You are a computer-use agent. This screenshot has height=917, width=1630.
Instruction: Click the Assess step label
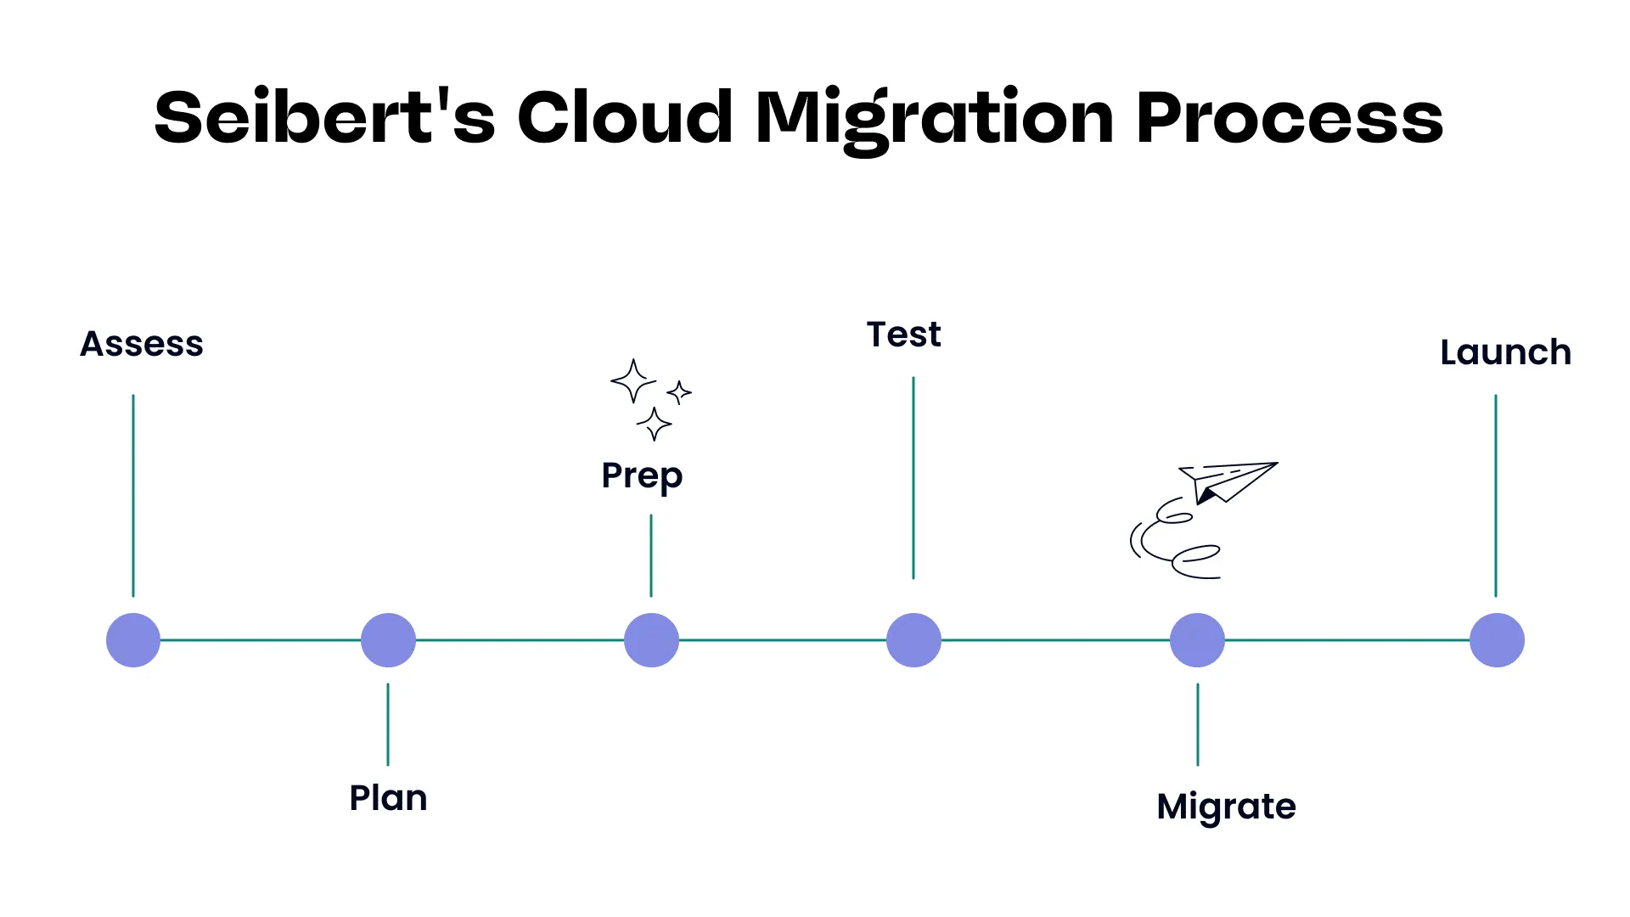(x=142, y=344)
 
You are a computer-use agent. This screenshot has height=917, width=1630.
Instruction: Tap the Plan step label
(x=388, y=798)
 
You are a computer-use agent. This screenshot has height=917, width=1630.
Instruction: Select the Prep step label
(x=642, y=475)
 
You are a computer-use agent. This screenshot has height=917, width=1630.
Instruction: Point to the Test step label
(x=903, y=335)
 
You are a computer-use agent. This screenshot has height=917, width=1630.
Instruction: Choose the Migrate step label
(x=1226, y=807)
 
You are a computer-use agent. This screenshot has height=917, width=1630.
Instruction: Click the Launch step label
(x=1505, y=352)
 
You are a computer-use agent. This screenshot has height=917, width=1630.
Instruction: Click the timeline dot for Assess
(x=133, y=640)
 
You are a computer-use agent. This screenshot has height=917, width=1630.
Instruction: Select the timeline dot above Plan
(x=388, y=640)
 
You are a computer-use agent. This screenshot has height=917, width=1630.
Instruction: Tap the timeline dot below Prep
(x=651, y=640)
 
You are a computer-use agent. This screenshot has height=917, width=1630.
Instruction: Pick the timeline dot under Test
(x=913, y=640)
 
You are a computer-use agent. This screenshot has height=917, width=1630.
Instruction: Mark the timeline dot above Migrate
(x=1197, y=640)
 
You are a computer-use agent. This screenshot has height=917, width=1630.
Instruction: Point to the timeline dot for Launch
(x=1497, y=640)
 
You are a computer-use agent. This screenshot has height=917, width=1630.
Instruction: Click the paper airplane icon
(x=1229, y=481)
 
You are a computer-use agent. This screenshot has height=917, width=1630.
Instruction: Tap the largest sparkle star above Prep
(x=632, y=381)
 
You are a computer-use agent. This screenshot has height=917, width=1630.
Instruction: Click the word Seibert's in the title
(x=324, y=117)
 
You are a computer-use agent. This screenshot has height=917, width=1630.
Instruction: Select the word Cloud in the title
(x=625, y=117)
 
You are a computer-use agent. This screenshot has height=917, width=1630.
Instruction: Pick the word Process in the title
(x=1290, y=117)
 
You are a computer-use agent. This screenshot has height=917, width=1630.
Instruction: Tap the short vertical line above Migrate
(x=1198, y=724)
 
